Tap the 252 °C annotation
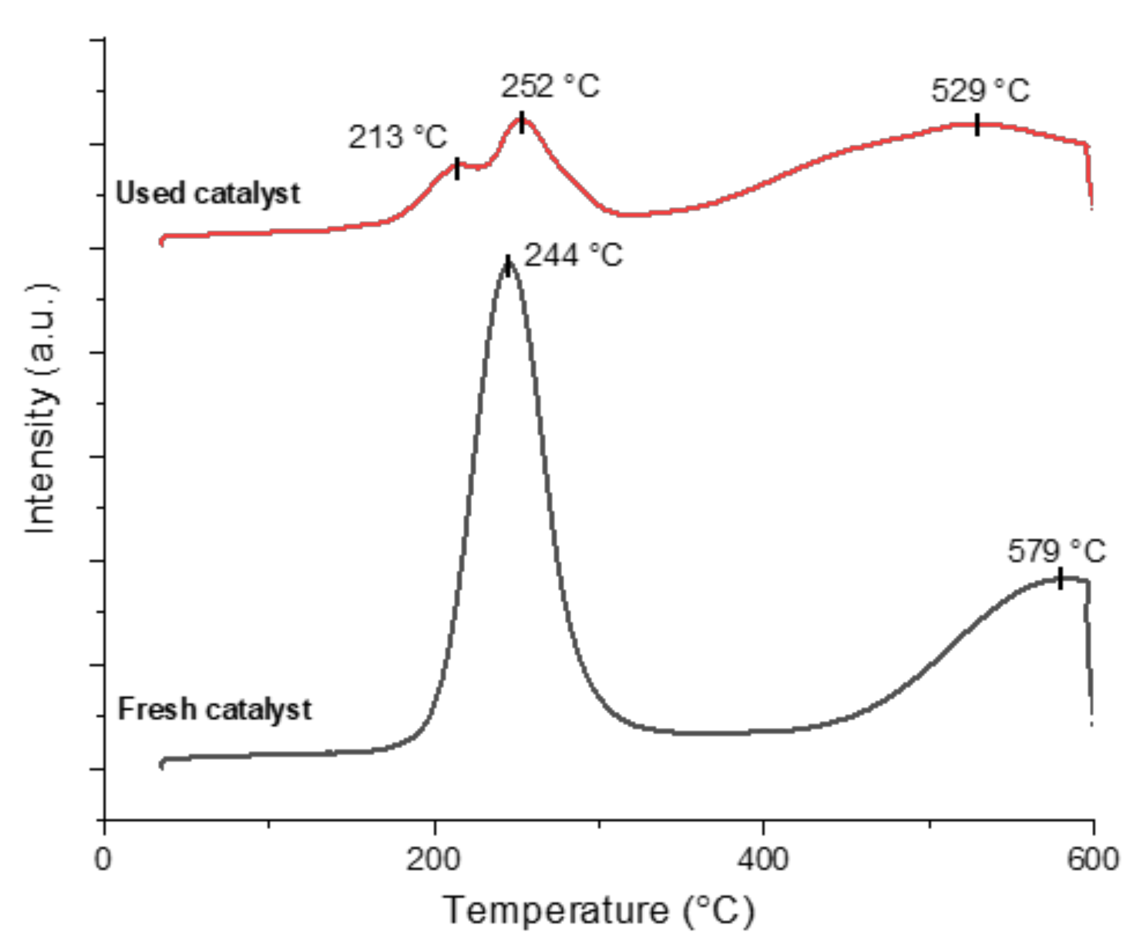pyautogui.click(x=550, y=87)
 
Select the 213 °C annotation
pyautogui.click(x=397, y=138)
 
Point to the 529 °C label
pyautogui.click(x=980, y=91)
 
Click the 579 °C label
pyautogui.click(x=1056, y=551)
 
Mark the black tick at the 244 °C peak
pyautogui.click(x=508, y=266)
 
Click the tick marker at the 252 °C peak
pyautogui.click(x=522, y=123)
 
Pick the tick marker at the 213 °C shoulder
pyautogui.click(x=457, y=169)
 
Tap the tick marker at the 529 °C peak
pyautogui.click(x=977, y=125)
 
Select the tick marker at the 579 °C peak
pyautogui.click(x=1061, y=579)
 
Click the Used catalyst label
pyautogui.click(x=208, y=193)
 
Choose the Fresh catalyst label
pyautogui.click(x=214, y=709)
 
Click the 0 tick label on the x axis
pyautogui.click(x=103, y=859)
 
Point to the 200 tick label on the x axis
pyautogui.click(x=433, y=859)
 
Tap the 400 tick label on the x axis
pyautogui.click(x=762, y=859)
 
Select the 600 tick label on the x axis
pyautogui.click(x=1092, y=859)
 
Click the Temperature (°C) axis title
pyautogui.click(x=599, y=910)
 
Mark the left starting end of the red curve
pyautogui.click(x=162, y=240)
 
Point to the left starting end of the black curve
pyautogui.click(x=162, y=764)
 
